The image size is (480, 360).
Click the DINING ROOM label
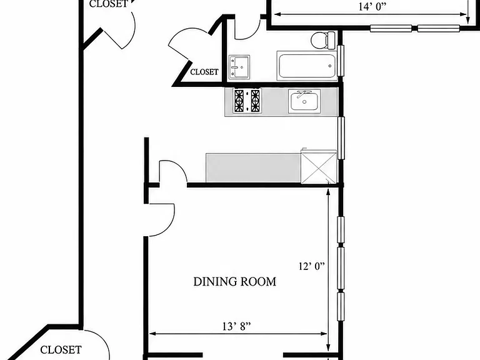(235, 282)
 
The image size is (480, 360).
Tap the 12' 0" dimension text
(311, 266)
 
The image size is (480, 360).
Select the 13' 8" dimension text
(236, 327)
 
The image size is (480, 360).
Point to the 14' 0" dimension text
(372, 7)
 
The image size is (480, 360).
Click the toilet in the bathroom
(324, 40)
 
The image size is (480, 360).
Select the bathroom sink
(239, 67)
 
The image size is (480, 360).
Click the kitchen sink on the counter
(304, 101)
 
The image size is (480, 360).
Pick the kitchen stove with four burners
(247, 101)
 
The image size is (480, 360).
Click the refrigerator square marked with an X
(319, 167)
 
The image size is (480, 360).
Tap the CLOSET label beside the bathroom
(204, 72)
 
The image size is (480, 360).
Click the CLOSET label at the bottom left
(61, 349)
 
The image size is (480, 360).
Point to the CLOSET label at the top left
(108, 4)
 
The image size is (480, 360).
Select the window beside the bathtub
(341, 61)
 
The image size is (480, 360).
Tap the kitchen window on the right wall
(341, 137)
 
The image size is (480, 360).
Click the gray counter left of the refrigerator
(253, 167)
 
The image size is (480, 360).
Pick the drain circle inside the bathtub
(330, 66)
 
